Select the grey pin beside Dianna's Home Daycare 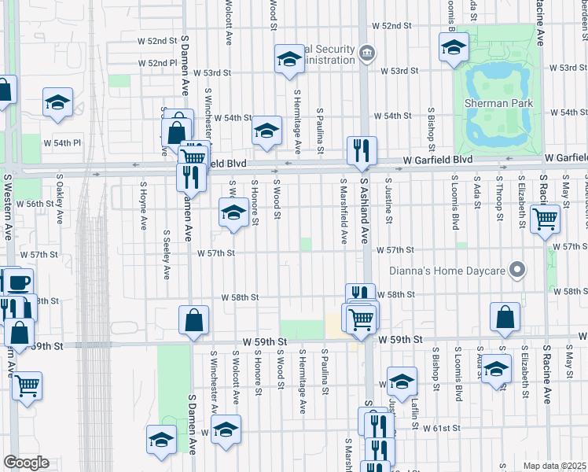pos(517,270)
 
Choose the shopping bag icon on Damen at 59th pos(193,320)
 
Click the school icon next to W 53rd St pos(289,60)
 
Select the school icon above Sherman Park pos(453,49)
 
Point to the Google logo pos(27,463)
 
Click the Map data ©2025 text pos(554,466)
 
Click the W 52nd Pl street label pos(157,63)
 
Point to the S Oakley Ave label pos(60,202)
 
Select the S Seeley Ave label pos(167,255)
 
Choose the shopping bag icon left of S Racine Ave pos(505,318)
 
